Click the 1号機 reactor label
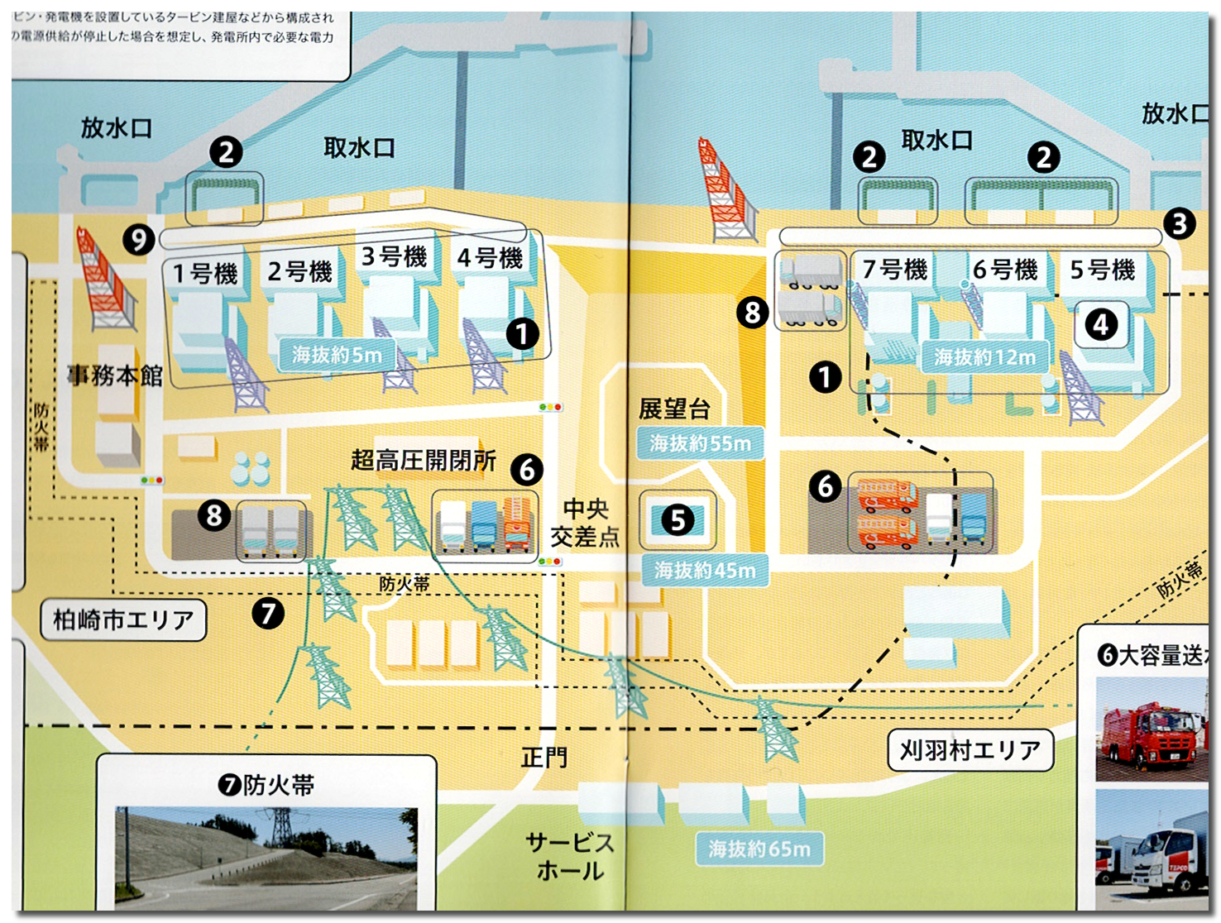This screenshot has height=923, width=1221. click(204, 273)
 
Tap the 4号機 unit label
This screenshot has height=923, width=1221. click(490, 258)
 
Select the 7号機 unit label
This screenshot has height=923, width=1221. click(894, 270)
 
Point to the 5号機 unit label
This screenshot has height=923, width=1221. click(1102, 270)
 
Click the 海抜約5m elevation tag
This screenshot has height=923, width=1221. click(337, 356)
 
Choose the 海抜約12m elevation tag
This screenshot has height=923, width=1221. click(984, 357)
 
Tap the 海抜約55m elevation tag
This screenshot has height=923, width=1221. click(700, 443)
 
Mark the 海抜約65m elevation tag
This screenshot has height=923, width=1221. click(759, 849)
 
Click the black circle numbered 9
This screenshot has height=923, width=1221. click(139, 240)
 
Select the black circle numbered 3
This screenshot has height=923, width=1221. click(1179, 223)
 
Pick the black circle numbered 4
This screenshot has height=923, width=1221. click(1101, 325)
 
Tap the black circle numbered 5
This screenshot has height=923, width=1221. click(678, 520)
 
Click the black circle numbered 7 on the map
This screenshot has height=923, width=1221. click(268, 614)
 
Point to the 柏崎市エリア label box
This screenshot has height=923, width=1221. click(123, 619)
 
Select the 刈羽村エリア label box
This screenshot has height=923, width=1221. click(970, 750)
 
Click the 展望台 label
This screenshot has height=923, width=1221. click(674, 409)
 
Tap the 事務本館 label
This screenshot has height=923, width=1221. click(115, 375)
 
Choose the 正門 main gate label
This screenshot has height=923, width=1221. click(544, 757)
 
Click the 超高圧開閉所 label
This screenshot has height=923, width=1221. click(423, 460)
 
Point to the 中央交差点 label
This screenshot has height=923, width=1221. click(585, 523)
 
